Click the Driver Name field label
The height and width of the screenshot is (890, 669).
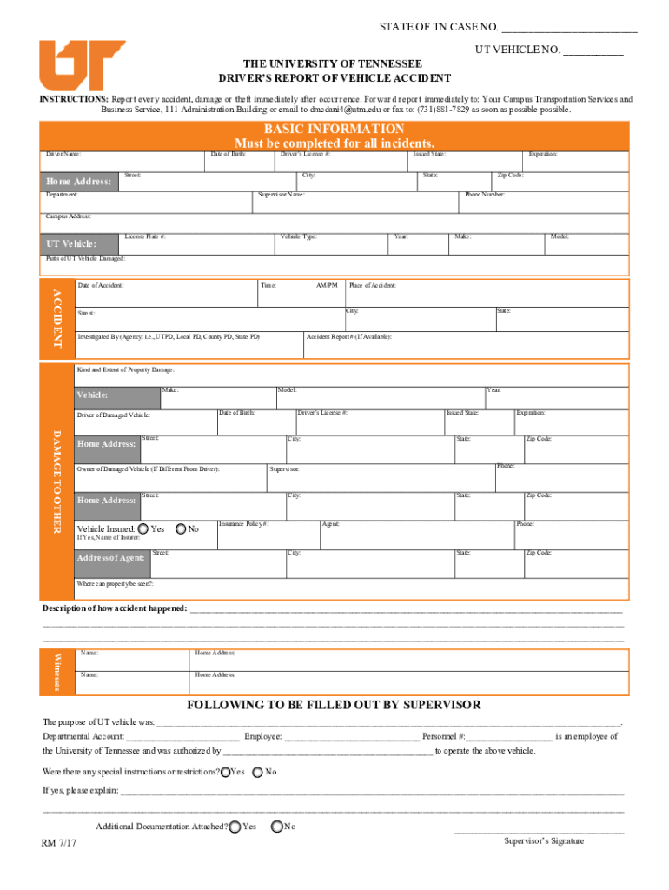click(x=63, y=154)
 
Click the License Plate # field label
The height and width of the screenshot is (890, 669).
click(x=145, y=236)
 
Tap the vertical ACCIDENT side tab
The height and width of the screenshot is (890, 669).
click(x=58, y=318)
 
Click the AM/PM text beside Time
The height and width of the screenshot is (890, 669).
click(x=327, y=285)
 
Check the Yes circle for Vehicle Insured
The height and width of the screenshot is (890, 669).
click(x=142, y=528)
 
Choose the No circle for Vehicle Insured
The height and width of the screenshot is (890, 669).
click(x=181, y=528)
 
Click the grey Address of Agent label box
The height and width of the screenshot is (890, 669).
click(x=111, y=558)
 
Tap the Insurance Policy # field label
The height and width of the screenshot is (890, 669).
click(x=243, y=524)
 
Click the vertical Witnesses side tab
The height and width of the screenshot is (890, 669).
click(x=58, y=671)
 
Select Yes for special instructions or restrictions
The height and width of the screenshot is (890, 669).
click(x=226, y=772)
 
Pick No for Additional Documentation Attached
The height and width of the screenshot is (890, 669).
click(x=277, y=827)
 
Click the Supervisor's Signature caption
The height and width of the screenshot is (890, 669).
click(x=544, y=840)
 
